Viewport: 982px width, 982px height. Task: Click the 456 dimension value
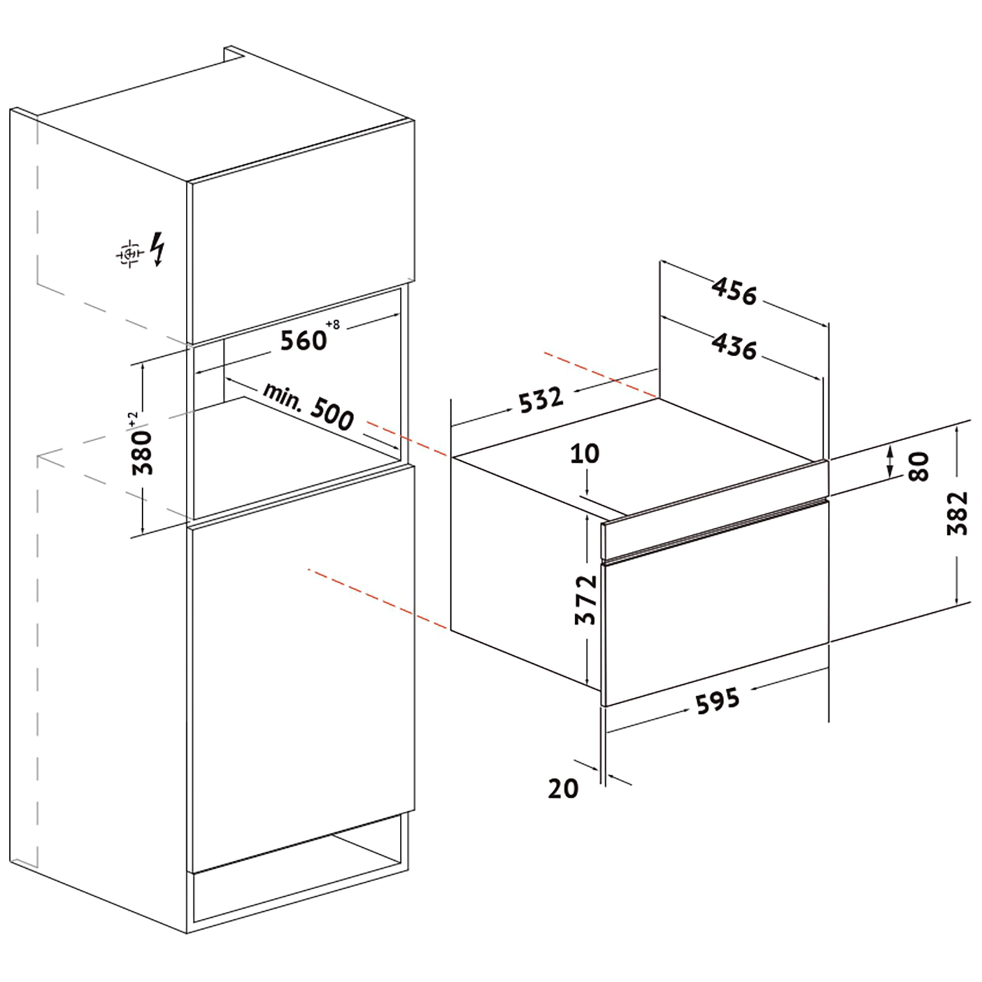click(735, 291)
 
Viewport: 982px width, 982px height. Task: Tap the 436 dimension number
click(735, 346)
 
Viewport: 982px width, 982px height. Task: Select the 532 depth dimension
click(541, 399)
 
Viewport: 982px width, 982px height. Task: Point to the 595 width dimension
click(718, 700)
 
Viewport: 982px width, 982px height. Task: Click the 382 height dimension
click(957, 513)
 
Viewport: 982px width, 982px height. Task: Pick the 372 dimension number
click(587, 600)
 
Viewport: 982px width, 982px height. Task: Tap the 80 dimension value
click(919, 466)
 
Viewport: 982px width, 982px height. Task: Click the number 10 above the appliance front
click(585, 453)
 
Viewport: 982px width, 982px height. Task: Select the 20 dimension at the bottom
click(563, 788)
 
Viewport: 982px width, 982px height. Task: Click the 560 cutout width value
click(303, 340)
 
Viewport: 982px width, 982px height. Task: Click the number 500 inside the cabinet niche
click(332, 414)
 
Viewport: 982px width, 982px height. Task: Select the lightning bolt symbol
click(158, 249)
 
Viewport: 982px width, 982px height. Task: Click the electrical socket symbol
click(130, 252)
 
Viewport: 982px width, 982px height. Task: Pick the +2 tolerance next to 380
click(133, 420)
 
